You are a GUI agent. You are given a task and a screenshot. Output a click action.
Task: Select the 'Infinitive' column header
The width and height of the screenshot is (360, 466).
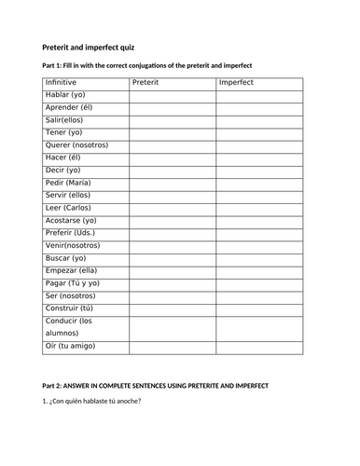pyautogui.click(x=62, y=82)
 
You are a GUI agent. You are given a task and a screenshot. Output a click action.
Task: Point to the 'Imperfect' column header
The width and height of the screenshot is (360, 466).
pyautogui.click(x=235, y=82)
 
